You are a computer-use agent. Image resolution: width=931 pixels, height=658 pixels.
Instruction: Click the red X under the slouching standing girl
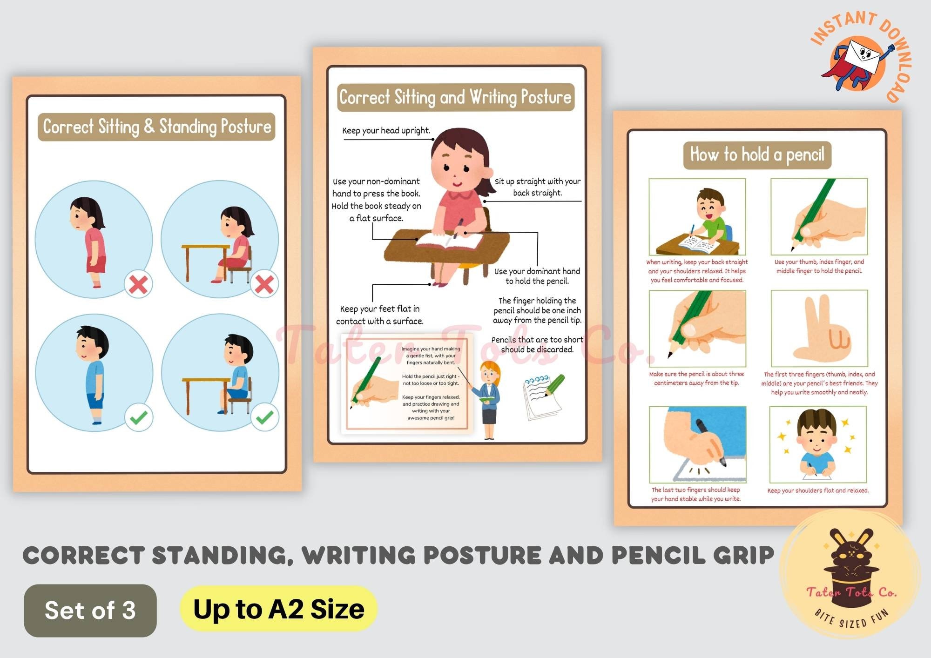tap(138, 284)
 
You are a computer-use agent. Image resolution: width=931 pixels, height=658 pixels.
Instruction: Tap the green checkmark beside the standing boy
tap(139, 417)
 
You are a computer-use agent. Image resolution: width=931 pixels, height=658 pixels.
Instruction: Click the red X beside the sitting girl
tap(264, 284)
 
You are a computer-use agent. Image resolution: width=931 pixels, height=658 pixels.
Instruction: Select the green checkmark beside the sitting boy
tap(265, 417)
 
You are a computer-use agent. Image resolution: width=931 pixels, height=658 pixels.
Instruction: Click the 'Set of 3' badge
tap(90, 610)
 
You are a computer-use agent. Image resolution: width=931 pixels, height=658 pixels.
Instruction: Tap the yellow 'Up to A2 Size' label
tap(278, 609)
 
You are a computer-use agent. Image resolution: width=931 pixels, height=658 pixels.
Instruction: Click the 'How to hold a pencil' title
tap(757, 155)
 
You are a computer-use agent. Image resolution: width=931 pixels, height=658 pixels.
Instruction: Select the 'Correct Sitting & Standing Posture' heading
tap(156, 127)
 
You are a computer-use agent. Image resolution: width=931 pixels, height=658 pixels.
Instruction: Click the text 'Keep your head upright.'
tap(386, 131)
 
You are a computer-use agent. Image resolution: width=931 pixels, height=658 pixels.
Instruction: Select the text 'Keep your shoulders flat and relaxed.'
tap(818, 490)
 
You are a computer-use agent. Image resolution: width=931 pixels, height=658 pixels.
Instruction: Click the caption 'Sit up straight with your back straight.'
tap(537, 187)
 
